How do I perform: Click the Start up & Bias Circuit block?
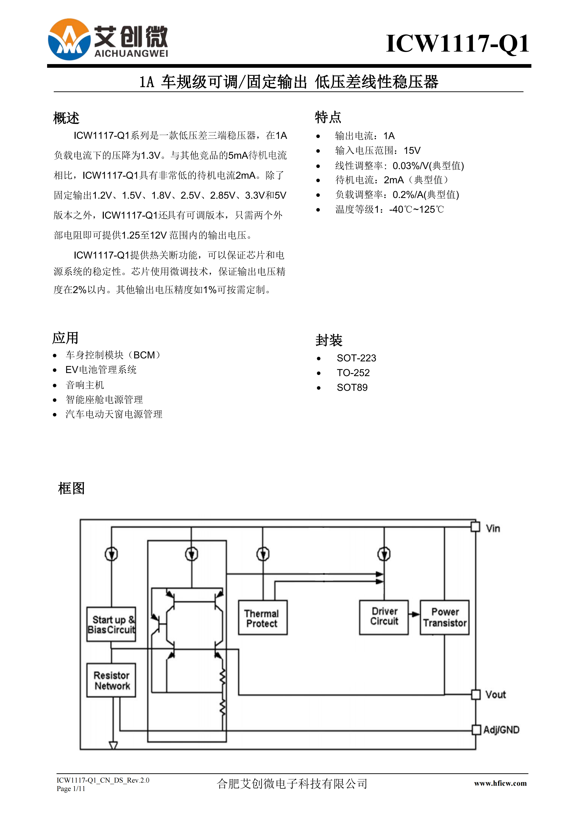coord(111,624)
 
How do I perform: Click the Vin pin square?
coord(475,527)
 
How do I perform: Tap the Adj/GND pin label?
coord(501,730)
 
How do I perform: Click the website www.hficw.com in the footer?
coord(500,783)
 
